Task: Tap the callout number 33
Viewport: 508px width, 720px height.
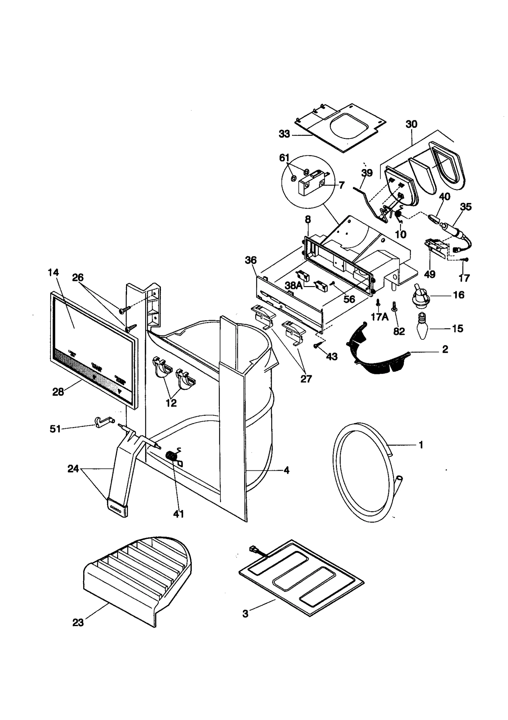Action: pyautogui.click(x=284, y=134)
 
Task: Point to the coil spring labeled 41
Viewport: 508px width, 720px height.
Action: pyautogui.click(x=172, y=457)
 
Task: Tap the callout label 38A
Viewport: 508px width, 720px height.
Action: pyautogui.click(x=294, y=285)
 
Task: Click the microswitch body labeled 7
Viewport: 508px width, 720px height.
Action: pyautogui.click(x=313, y=184)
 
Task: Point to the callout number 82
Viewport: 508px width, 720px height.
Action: pyautogui.click(x=399, y=331)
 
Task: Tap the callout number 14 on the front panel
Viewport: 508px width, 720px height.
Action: pyautogui.click(x=53, y=272)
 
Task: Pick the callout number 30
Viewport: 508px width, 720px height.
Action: pyautogui.click(x=411, y=124)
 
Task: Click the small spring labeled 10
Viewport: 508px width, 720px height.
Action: pyautogui.click(x=397, y=215)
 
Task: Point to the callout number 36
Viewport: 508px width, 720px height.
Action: pyautogui.click(x=251, y=260)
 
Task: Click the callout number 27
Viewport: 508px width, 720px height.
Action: pyautogui.click(x=306, y=378)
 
